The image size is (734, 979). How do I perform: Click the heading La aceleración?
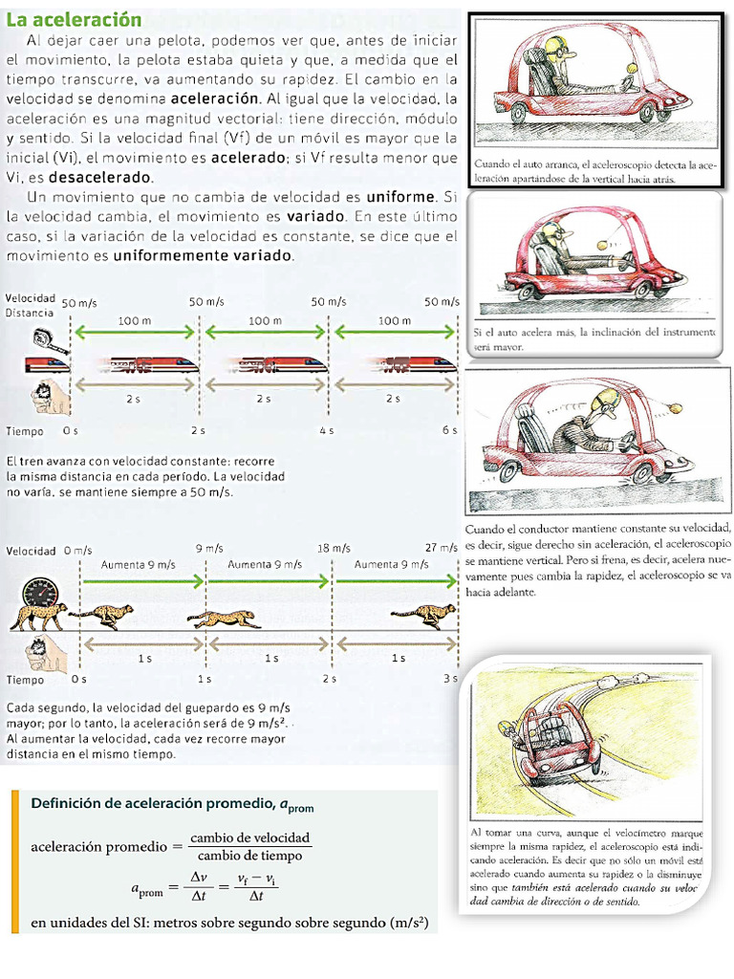point(74,20)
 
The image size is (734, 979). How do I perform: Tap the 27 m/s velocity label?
point(442,549)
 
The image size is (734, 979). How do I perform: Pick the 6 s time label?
point(450,431)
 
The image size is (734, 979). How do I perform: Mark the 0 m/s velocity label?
point(77,550)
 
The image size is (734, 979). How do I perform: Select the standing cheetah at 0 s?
point(38,617)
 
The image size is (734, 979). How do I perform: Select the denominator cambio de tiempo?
point(250,856)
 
